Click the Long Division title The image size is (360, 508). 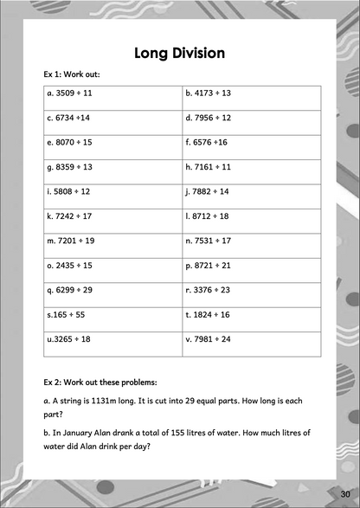pyautogui.click(x=180, y=54)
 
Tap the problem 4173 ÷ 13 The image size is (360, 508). pyautogui.click(x=214, y=92)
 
